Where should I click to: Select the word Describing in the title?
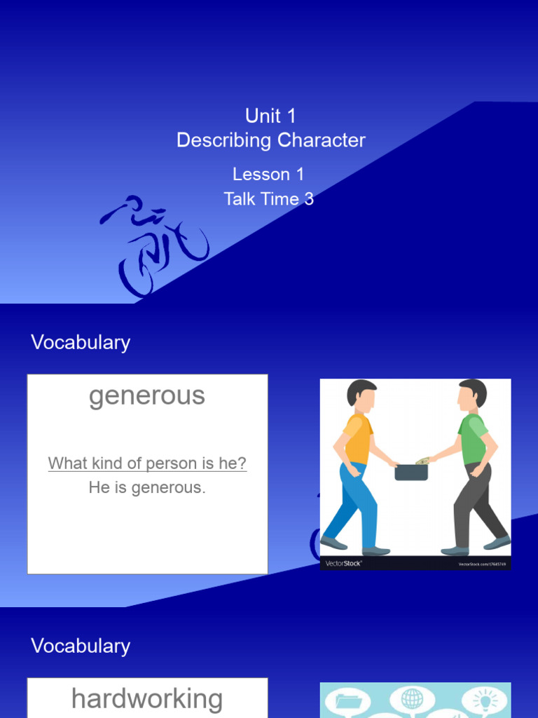pos(223,140)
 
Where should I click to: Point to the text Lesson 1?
pos(268,174)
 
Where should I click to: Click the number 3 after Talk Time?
pos(309,199)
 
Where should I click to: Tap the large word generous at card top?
pos(147,396)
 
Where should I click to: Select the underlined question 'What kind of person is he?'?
pos(147,463)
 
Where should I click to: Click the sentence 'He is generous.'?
pos(147,488)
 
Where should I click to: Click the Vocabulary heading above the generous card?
pos(81,343)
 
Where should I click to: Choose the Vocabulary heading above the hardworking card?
pos(81,646)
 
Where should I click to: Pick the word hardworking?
pos(147,699)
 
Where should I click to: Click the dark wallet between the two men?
pos(411,472)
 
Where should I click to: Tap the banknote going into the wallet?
pos(422,461)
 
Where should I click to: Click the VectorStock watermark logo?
pos(343,563)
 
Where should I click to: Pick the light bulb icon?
pos(484,700)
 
